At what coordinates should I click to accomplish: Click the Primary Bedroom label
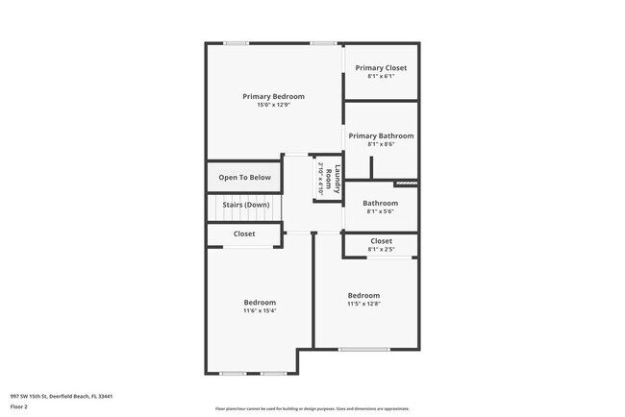pos(273,96)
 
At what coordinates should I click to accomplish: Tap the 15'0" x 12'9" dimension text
pos(273,105)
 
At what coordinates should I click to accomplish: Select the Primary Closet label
pos(381,68)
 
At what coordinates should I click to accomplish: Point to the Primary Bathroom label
pos(381,136)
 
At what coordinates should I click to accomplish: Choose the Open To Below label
pos(244,178)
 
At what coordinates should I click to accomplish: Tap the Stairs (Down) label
pos(245,205)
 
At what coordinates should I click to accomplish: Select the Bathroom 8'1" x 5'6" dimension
pos(381,212)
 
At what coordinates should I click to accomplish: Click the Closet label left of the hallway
pos(244,233)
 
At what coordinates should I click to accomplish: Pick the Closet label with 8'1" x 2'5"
pos(381,241)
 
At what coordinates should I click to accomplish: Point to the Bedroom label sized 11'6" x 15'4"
pos(260,303)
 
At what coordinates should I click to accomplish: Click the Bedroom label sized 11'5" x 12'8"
pos(363,295)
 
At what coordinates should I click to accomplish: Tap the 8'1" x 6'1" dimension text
pos(381,77)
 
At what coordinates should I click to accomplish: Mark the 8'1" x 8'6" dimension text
pos(381,145)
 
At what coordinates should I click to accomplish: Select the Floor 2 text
pos(19,406)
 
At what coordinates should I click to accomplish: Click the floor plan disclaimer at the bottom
pos(312,407)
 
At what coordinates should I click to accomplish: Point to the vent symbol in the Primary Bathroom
pos(406,183)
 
